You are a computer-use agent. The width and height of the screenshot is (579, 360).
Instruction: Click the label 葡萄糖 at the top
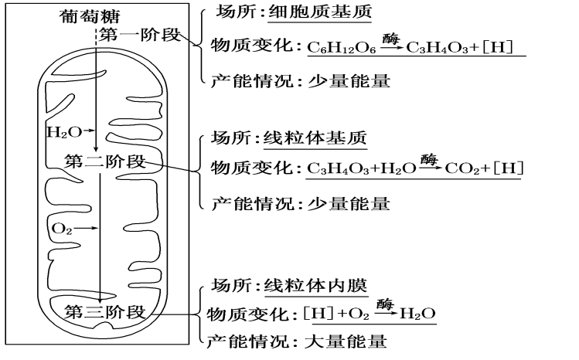pos(90,16)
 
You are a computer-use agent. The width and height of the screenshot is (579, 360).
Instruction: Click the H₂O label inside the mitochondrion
pos(63,132)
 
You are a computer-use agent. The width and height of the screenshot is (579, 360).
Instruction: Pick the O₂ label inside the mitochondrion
pos(61,229)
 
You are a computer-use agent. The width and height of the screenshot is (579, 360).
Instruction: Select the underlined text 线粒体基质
pos(314,138)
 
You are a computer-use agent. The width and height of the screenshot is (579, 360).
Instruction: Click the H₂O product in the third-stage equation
pos(420,314)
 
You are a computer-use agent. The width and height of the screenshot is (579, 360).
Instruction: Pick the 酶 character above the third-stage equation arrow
pos(385,302)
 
